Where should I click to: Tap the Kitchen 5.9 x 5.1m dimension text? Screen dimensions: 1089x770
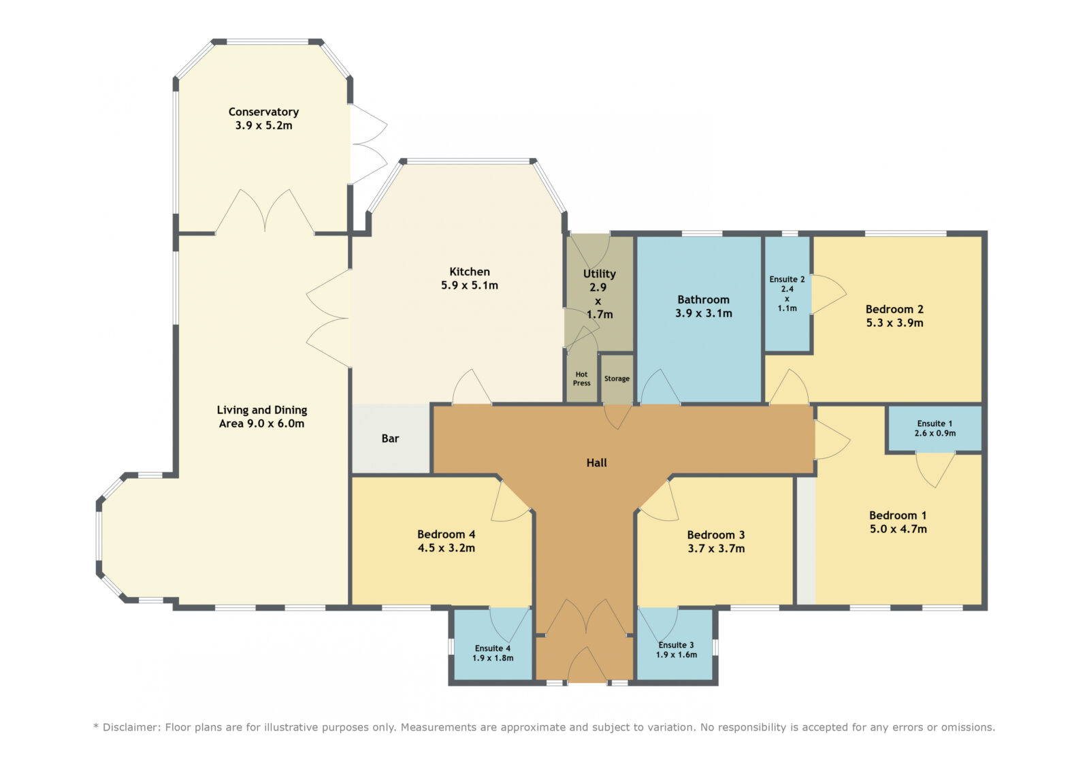click(x=469, y=285)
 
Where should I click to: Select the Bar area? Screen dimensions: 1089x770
click(x=391, y=438)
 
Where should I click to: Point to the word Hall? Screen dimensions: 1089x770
click(x=596, y=462)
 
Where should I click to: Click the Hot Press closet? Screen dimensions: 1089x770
click(x=581, y=379)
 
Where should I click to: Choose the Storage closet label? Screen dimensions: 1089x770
click(x=617, y=379)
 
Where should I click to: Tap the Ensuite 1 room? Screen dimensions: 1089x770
click(x=934, y=428)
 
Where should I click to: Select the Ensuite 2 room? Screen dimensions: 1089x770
click(x=787, y=293)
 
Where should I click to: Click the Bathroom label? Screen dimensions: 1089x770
click(x=703, y=300)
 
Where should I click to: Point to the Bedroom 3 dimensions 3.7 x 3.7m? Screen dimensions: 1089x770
click(x=715, y=549)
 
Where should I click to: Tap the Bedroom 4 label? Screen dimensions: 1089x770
click(x=446, y=534)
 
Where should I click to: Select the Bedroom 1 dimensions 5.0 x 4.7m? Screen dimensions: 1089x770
click(x=898, y=529)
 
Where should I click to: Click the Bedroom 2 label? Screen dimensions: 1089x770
click(x=894, y=309)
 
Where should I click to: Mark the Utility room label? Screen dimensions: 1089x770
click(x=599, y=274)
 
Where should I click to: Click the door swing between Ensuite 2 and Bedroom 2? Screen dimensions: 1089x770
click(x=828, y=295)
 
